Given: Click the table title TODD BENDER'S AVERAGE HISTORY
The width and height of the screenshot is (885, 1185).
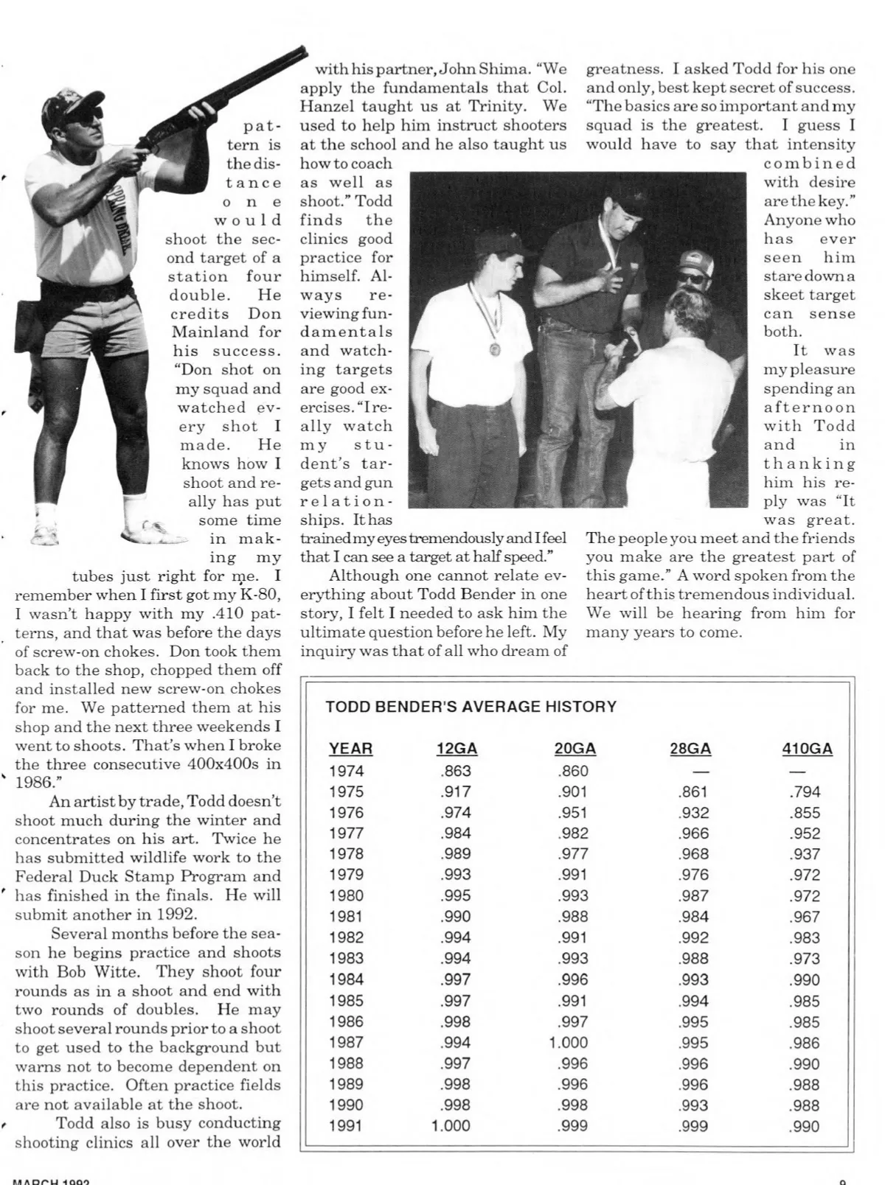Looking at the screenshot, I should pos(471,707).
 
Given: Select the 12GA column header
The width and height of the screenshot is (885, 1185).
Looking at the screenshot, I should pos(457,749).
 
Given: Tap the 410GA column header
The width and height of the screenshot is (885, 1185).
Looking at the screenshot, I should pos(807,749).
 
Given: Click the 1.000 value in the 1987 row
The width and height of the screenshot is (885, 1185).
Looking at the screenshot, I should pos(569,1043).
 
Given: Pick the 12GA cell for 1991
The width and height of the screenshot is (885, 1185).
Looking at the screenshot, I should pos(451,1126).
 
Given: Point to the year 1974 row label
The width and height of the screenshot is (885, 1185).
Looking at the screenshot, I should pos(346,771).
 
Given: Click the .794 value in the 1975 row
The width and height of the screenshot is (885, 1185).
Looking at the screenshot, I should pos(804,792).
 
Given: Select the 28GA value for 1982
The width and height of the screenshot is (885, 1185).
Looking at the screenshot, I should pos(693,937).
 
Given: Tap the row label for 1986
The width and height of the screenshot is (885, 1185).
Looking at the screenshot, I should pos(346,1022).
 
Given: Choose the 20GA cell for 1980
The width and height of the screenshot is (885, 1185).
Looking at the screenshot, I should pos(573,896).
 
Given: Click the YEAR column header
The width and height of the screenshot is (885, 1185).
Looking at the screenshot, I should pos(350,749).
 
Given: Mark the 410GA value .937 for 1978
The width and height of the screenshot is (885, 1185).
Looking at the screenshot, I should pos(804,854).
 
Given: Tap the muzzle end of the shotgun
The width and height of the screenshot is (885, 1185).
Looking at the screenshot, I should pos(302,52).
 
